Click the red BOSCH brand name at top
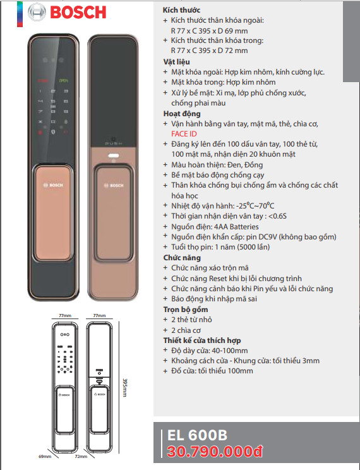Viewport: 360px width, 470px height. [x=78, y=12]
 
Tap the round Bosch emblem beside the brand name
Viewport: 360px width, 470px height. [x=37, y=12]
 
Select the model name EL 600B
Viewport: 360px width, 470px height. [x=197, y=435]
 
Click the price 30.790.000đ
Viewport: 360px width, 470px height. [x=215, y=452]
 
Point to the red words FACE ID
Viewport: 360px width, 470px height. [x=184, y=134]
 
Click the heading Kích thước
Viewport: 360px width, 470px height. [x=181, y=10]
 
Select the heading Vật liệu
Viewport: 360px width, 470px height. [x=177, y=62]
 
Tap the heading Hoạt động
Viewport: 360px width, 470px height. [x=182, y=114]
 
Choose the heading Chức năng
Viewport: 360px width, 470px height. [x=182, y=258]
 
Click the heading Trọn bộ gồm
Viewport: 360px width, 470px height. [x=186, y=310]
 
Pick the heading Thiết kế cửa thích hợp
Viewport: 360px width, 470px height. [x=202, y=340]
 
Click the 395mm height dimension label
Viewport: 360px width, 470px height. [x=124, y=388]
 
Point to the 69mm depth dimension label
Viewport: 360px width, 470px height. [x=45, y=457]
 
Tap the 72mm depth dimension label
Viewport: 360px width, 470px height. [x=81, y=457]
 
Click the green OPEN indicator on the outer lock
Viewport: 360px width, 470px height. [x=64, y=81]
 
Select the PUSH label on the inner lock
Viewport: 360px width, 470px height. [x=113, y=143]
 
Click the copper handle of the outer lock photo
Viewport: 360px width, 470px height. [x=53, y=213]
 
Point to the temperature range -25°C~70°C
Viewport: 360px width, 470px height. [x=255, y=206]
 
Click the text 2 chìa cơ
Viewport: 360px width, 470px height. [x=186, y=330]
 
